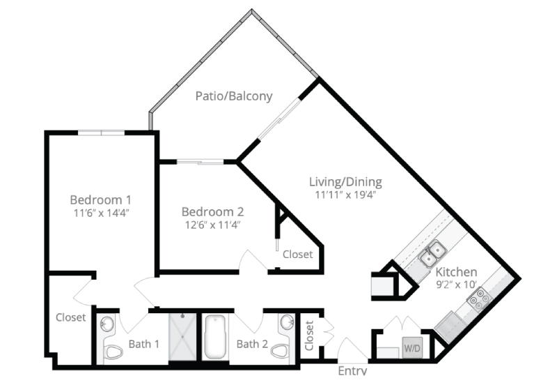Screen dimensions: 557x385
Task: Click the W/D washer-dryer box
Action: pos(412,347)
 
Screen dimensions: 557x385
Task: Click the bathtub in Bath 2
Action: pos(215,337)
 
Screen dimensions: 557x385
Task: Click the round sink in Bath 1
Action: pos(107,324)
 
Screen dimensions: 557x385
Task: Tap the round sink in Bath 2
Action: pos(286,322)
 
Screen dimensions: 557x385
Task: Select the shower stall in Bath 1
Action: pos(182,337)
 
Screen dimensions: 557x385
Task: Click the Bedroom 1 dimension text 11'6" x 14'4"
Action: pos(101,213)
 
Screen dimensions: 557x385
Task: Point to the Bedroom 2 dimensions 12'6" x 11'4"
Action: pos(213,225)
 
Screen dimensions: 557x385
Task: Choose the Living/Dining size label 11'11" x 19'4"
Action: pos(345,195)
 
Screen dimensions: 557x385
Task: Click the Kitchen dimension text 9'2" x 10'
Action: pos(456,285)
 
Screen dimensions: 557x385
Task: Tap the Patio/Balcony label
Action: pos(234,96)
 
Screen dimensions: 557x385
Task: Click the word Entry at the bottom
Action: pos(352,371)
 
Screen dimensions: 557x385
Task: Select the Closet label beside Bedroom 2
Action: pos(298,255)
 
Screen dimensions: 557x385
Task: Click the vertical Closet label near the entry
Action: pos(309,335)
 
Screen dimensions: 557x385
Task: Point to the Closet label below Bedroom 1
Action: pos(71,317)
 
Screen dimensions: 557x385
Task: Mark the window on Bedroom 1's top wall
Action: pos(101,133)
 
